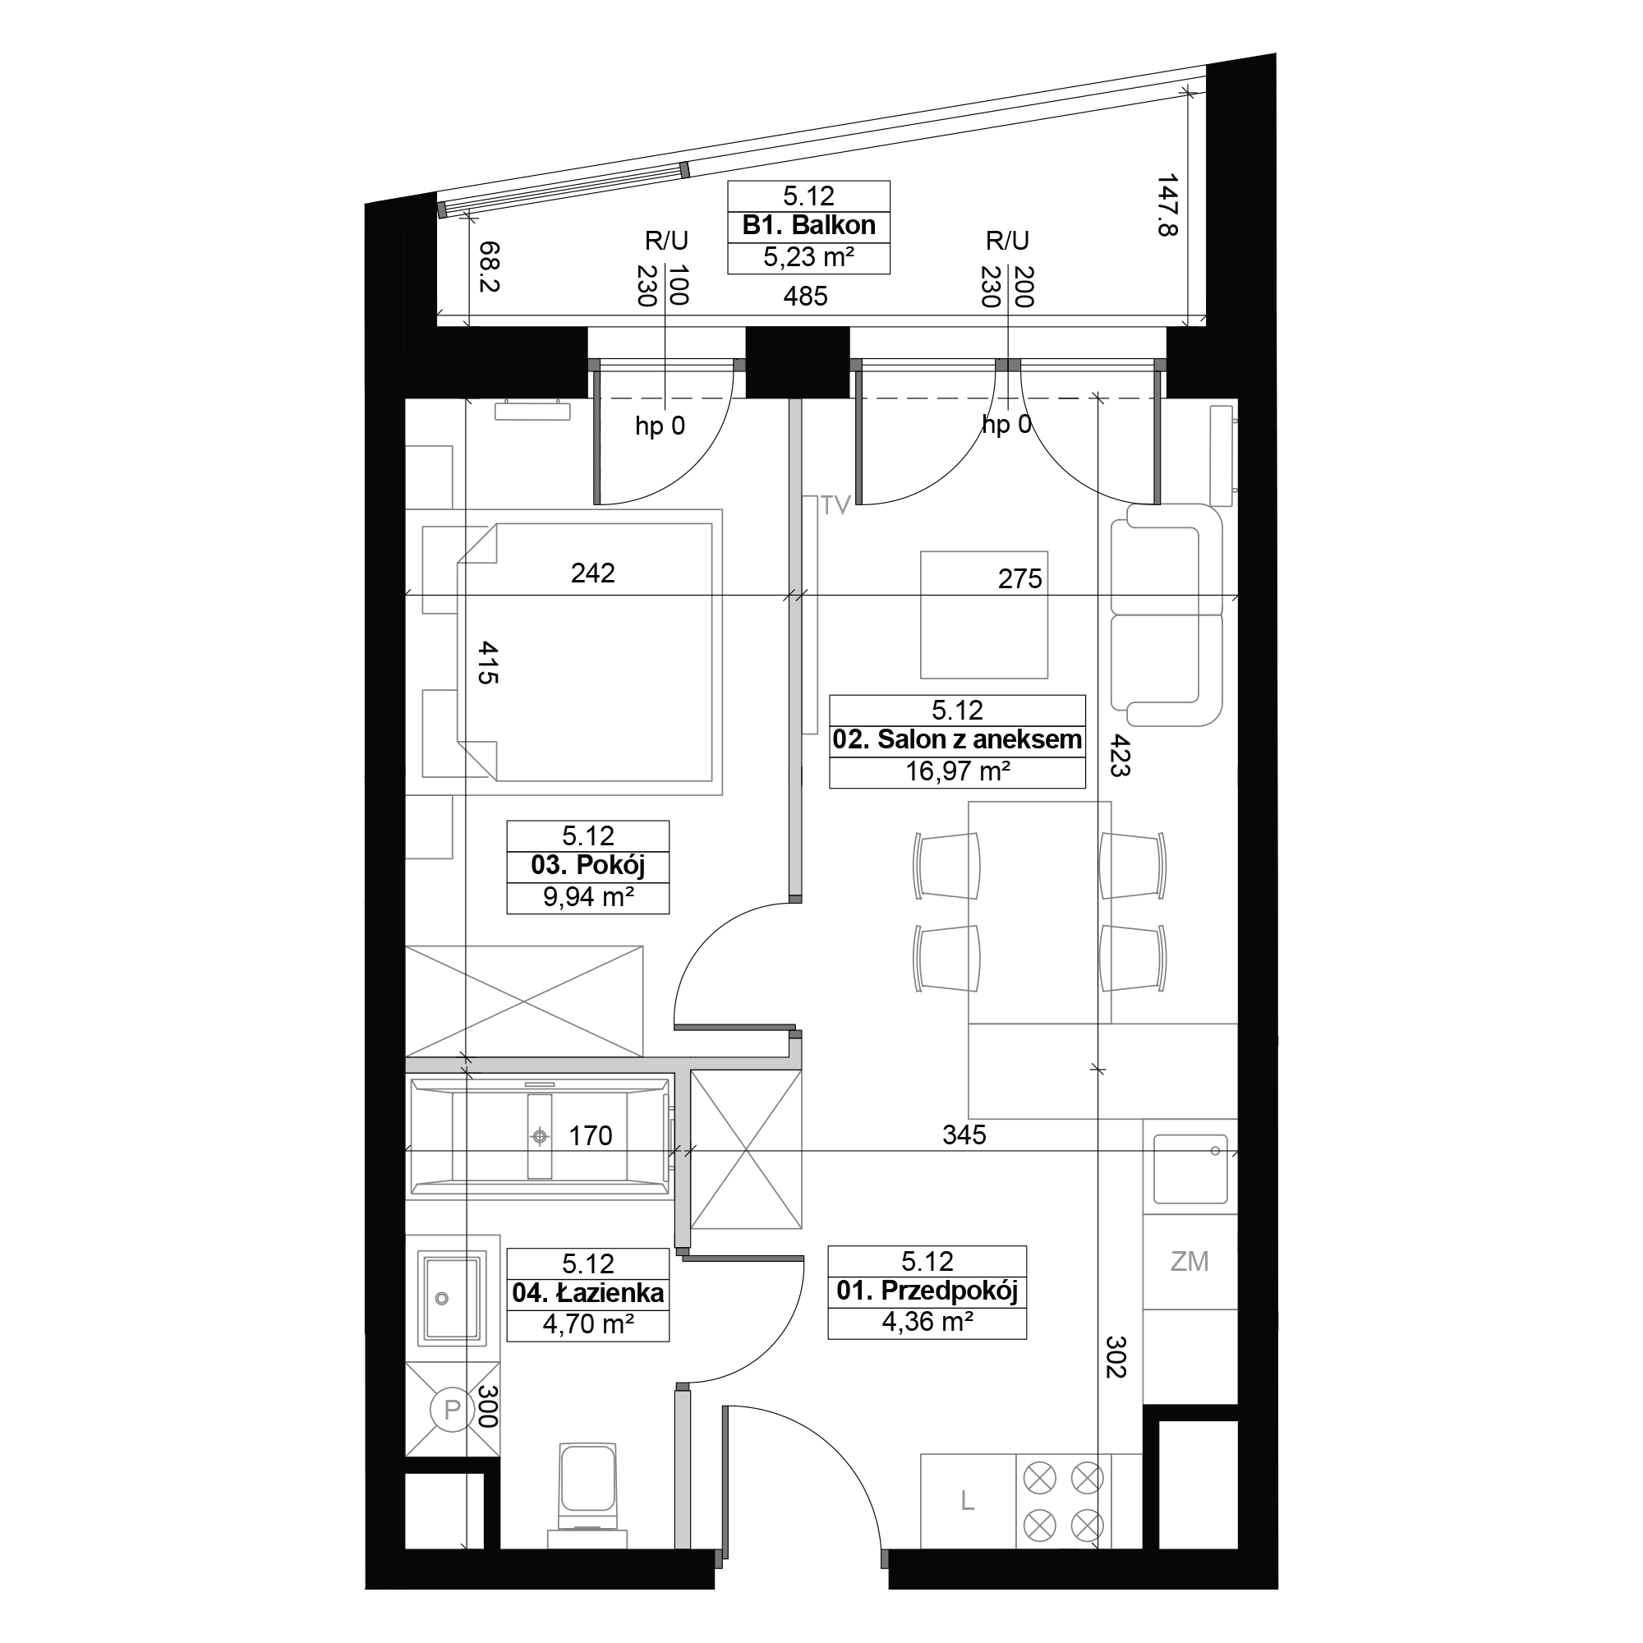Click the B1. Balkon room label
(808, 225)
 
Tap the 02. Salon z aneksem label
(957, 740)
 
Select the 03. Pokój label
(587, 866)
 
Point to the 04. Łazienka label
(587, 1294)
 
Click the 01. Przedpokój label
(927, 1291)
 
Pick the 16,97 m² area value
(958, 771)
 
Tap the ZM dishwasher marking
(1189, 1261)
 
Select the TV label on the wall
(835, 506)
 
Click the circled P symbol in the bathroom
(452, 1410)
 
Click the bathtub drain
(539, 1135)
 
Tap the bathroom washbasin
(453, 1298)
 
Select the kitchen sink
(1190, 1168)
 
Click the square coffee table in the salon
(984, 614)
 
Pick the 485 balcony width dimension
(805, 296)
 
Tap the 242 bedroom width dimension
(593, 573)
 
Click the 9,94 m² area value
(588, 897)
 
